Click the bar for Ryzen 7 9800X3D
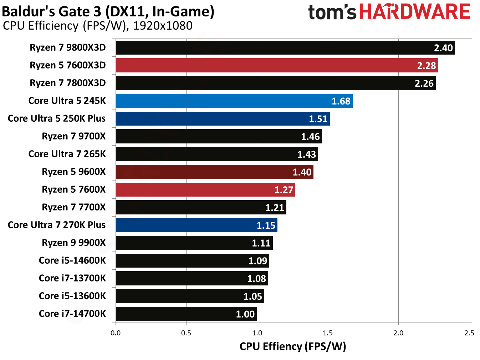tap(285, 47)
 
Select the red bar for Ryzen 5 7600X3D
tap(277, 65)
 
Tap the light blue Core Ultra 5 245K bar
tap(234, 101)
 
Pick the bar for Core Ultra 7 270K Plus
tap(196, 225)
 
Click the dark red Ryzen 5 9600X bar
tap(214, 172)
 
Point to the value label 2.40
tap(443, 48)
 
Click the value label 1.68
tap(341, 101)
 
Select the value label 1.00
tap(245, 314)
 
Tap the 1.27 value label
tap(284, 190)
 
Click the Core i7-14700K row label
tap(72, 314)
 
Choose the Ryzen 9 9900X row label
tap(74, 243)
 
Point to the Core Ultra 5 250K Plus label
tap(57, 118)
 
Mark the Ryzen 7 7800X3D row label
tap(68, 83)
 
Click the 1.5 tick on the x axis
tap(328, 333)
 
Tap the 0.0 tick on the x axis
tap(116, 333)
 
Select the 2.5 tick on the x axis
tap(469, 333)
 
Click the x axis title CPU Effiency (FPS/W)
tap(292, 346)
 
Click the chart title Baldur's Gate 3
tap(108, 11)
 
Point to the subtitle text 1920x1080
tap(163, 26)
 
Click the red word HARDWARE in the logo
tap(415, 12)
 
